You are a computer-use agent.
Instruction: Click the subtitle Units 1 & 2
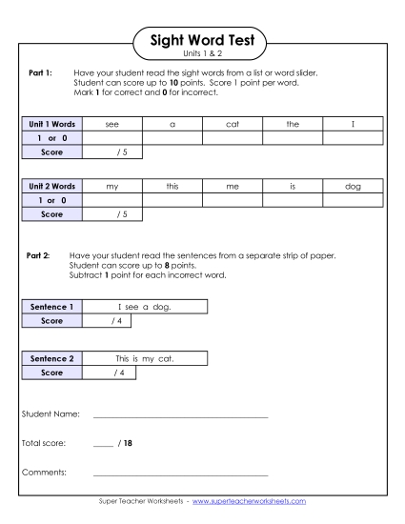click(202, 53)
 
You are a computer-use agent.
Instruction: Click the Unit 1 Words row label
click(51, 124)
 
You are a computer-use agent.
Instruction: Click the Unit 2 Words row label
click(51, 188)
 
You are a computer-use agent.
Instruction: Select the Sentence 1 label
click(51, 308)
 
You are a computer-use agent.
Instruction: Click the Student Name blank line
click(180, 416)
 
